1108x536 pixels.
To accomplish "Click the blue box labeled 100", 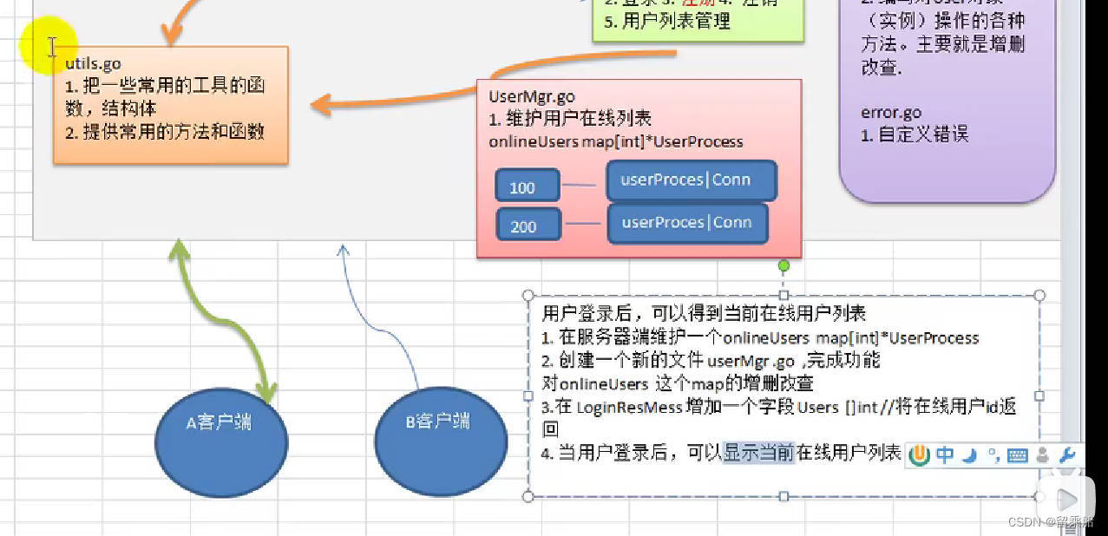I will (x=522, y=186).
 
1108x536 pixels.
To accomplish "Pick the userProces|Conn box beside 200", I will (x=687, y=222).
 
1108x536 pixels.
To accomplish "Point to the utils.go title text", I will (x=93, y=63).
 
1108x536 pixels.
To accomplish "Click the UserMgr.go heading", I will (x=531, y=96).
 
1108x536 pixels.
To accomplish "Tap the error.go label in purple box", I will (x=891, y=112).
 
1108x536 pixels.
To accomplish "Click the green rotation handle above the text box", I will (x=783, y=265).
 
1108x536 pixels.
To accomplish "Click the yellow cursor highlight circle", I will (x=49, y=46).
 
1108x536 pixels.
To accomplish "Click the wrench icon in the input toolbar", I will (x=1068, y=454).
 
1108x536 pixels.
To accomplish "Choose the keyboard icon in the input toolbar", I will (x=1018, y=455).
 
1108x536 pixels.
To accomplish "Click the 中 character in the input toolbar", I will (x=945, y=454).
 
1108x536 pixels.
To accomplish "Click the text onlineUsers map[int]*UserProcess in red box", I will (x=616, y=141).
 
